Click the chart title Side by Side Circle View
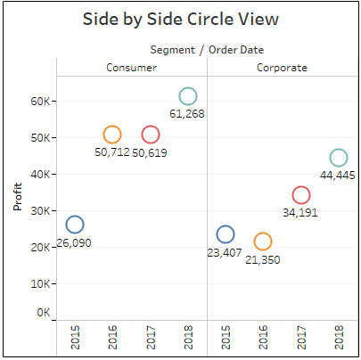tap(179, 20)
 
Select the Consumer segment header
tap(132, 67)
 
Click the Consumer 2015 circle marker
tap(75, 225)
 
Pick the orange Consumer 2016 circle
tap(112, 135)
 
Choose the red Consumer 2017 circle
tap(151, 135)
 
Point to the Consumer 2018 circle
tap(188, 96)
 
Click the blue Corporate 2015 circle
tap(226, 234)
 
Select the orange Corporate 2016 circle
tap(263, 241)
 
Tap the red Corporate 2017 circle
tap(301, 195)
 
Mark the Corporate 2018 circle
tap(339, 158)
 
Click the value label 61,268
tap(187, 114)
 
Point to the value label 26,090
tap(73, 242)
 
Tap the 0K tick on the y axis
tap(44, 314)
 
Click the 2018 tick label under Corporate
tap(339, 338)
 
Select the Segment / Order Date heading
tap(207, 50)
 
